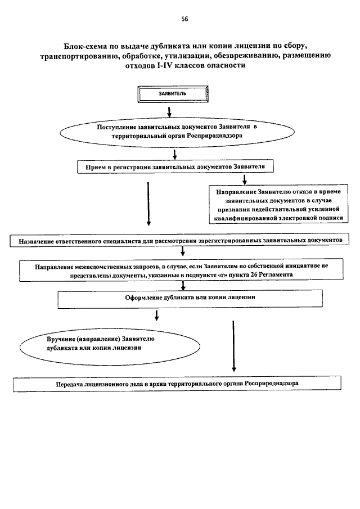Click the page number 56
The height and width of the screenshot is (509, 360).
pyautogui.click(x=184, y=19)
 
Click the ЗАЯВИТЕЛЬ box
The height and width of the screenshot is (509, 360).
pyautogui.click(x=173, y=94)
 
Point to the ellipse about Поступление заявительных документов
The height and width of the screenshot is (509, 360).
pyautogui.click(x=177, y=132)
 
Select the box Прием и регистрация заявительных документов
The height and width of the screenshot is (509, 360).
pyautogui.click(x=175, y=167)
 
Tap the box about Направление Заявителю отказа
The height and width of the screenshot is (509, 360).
pyautogui.click(x=278, y=205)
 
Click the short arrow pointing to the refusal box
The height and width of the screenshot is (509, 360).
pyautogui.click(x=245, y=179)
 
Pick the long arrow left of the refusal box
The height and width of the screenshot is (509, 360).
pyautogui.click(x=148, y=204)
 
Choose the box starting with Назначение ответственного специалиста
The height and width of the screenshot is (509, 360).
pyautogui.click(x=179, y=241)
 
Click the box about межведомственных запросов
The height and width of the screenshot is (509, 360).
pyautogui.click(x=182, y=270)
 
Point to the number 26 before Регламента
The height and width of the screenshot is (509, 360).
pyautogui.click(x=254, y=274)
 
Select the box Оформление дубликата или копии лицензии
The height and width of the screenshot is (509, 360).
pyautogui.click(x=190, y=299)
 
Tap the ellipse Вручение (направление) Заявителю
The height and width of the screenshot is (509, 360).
pyautogui.click(x=110, y=346)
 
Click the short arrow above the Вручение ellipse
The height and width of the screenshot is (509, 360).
pyautogui.click(x=156, y=315)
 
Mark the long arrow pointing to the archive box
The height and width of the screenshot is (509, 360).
pyautogui.click(x=233, y=346)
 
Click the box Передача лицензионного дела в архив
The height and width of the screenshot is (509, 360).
pyautogui.click(x=177, y=384)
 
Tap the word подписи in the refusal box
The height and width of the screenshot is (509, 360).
pyautogui.click(x=330, y=218)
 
